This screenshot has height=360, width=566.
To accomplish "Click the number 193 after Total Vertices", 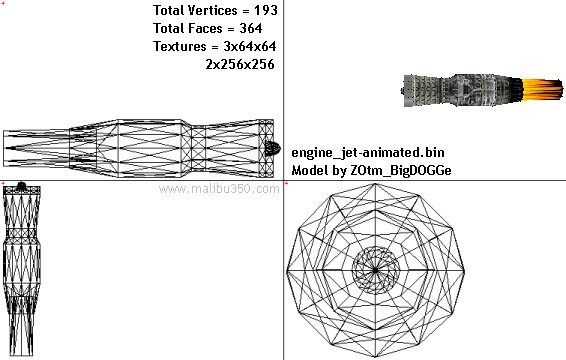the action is (x=266, y=10).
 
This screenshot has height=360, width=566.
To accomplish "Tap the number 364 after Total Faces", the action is (x=251, y=28).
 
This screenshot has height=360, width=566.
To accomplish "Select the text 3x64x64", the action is (x=250, y=46).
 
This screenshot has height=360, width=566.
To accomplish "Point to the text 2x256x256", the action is (x=240, y=64).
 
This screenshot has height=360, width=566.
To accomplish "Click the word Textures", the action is (x=180, y=46).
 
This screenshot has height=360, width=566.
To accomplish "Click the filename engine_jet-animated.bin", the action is (x=368, y=152).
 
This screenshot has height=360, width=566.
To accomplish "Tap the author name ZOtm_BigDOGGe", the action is (x=401, y=170).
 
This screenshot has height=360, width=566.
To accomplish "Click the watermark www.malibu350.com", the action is (x=219, y=189).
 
